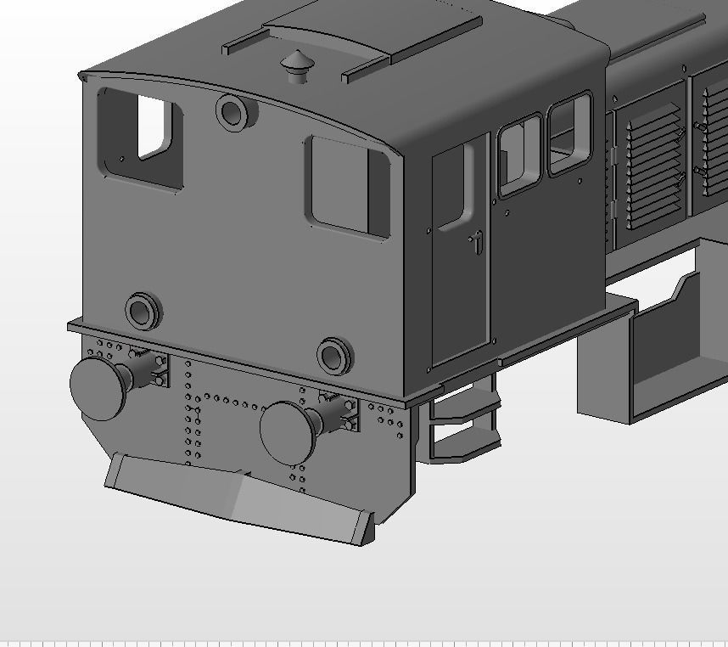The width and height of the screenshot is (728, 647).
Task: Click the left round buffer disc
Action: (98, 388)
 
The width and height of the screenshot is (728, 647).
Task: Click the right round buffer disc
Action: (288, 432)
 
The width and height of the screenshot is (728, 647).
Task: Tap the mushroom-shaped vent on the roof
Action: (296, 65)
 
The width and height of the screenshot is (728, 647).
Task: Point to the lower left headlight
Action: (143, 311)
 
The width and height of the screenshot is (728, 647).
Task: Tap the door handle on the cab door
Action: (478, 242)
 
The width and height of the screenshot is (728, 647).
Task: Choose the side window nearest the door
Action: (518, 155)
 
